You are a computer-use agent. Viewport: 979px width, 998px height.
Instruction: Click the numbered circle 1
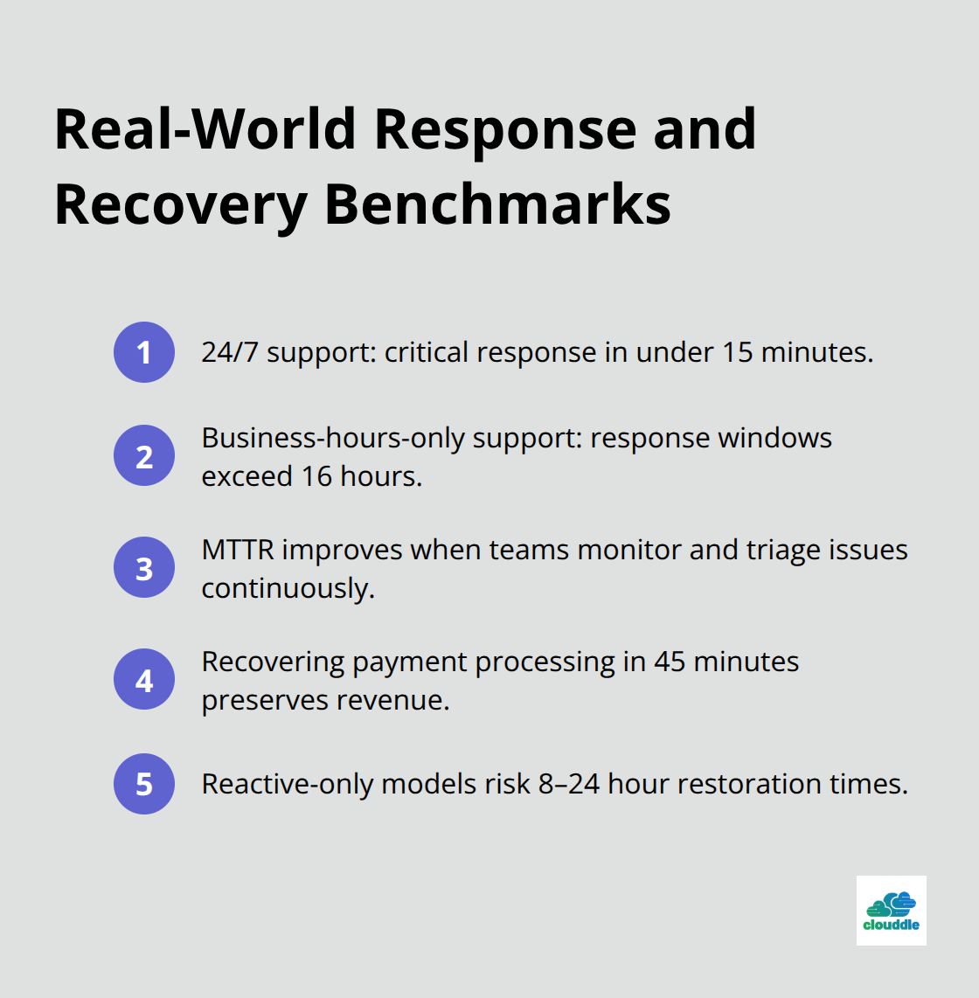coord(144,352)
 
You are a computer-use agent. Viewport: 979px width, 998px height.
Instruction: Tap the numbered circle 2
coord(144,455)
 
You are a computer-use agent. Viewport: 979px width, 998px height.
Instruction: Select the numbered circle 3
coord(144,567)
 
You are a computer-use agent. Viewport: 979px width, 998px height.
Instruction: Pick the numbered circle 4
coord(144,679)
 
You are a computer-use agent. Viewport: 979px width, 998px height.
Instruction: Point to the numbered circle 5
coord(144,784)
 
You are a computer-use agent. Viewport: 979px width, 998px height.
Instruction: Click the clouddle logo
coord(891,911)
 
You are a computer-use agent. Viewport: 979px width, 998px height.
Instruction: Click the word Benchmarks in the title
coord(497,204)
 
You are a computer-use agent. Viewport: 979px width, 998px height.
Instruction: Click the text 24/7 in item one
coord(230,352)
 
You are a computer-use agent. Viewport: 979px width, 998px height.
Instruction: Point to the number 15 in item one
coord(737,352)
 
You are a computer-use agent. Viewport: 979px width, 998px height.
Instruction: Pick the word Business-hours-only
coord(333,437)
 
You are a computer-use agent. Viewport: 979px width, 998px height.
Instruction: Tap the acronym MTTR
coord(238,550)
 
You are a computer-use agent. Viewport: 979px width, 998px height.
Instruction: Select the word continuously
coord(288,588)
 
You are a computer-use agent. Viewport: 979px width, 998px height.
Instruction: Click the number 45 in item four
coord(669,662)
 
